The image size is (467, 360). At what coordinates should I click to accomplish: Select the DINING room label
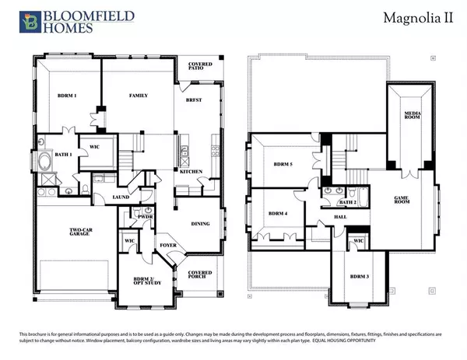(201, 224)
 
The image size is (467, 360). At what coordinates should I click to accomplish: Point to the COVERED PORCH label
(199, 275)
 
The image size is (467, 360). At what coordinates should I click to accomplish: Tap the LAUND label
(120, 197)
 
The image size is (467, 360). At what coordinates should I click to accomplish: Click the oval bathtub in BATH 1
(44, 164)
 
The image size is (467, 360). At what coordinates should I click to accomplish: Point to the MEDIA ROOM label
(412, 115)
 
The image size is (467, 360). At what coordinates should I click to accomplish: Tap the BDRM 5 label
(282, 164)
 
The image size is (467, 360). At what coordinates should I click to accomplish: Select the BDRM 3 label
(359, 276)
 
